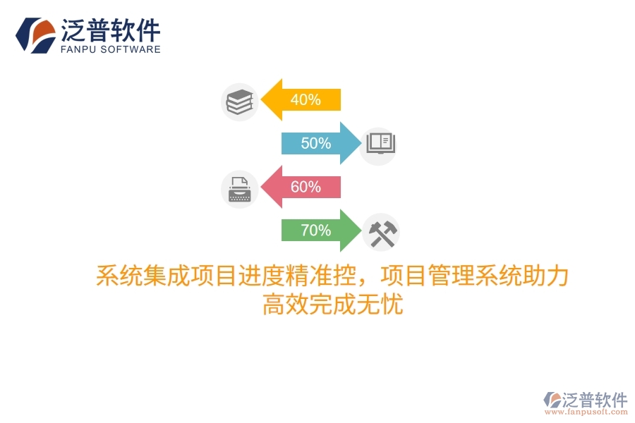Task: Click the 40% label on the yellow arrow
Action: pos(305,99)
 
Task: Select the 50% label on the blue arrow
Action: pos(315,143)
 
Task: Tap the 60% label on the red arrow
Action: pos(305,187)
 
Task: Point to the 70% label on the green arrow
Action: pos(315,231)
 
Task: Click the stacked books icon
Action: pos(239,102)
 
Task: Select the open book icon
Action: pos(378,144)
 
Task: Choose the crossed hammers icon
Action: pos(381,233)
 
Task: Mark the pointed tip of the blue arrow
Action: pos(359,143)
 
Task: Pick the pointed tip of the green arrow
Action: pos(359,231)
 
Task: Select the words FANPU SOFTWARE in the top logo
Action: pos(111,49)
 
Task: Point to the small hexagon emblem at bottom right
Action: pos(552,400)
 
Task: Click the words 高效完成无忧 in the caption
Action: pos(332,305)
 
